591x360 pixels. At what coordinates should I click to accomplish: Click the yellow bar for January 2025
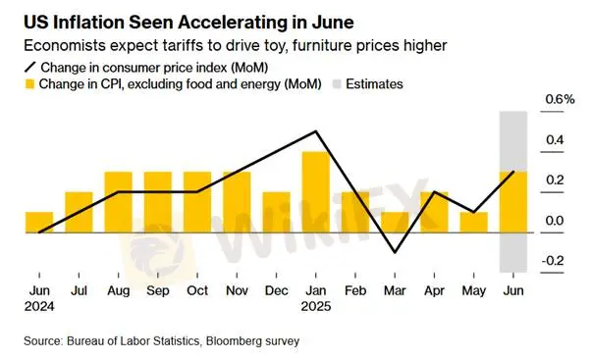[316, 192]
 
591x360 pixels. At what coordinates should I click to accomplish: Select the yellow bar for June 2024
[39, 222]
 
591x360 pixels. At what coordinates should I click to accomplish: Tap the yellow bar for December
[276, 213]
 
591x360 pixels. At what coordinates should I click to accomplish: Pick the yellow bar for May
[474, 222]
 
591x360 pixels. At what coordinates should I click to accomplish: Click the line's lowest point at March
[395, 252]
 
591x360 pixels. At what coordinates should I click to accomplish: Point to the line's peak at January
[316, 131]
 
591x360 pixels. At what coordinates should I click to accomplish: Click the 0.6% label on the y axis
[561, 99]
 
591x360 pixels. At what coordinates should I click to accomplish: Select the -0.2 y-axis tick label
[553, 261]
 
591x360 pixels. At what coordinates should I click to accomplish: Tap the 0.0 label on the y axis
[555, 221]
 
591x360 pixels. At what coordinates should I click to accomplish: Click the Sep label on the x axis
[158, 290]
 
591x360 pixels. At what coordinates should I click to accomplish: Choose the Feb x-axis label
[355, 290]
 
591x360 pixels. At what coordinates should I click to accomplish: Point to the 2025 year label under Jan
[316, 306]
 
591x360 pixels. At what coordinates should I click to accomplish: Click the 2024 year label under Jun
[39, 306]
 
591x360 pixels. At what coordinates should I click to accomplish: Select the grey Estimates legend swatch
[337, 84]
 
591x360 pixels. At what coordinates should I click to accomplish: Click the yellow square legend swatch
[29, 84]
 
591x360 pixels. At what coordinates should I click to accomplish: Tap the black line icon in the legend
[30, 68]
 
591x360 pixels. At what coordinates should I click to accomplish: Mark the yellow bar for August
[119, 202]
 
